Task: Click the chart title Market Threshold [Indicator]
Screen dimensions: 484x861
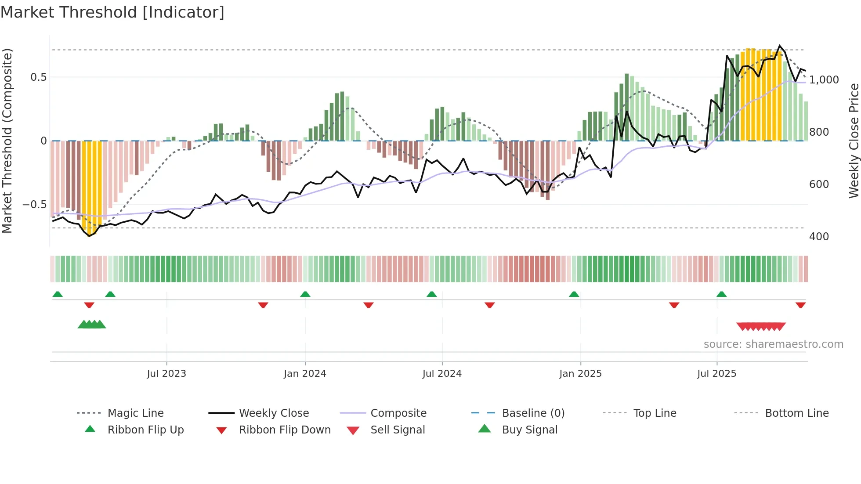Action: coord(112,12)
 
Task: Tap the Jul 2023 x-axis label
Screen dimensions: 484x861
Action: coord(166,374)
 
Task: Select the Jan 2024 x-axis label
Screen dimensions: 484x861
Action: coord(305,374)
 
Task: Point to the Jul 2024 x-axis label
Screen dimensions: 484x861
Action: coord(442,374)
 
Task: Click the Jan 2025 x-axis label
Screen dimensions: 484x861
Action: coord(580,374)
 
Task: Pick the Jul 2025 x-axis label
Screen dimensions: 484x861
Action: coord(716,374)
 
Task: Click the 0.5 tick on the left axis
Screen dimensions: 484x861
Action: coord(38,77)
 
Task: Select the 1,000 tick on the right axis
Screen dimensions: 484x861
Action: coord(824,80)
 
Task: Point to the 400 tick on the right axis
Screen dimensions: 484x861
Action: coord(819,237)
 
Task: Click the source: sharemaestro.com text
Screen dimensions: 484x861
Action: coord(773,344)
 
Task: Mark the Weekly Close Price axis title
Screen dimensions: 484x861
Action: coord(854,141)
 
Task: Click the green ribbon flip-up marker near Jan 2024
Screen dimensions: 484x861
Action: coord(305,294)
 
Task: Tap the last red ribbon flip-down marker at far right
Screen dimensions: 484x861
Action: coord(800,305)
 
